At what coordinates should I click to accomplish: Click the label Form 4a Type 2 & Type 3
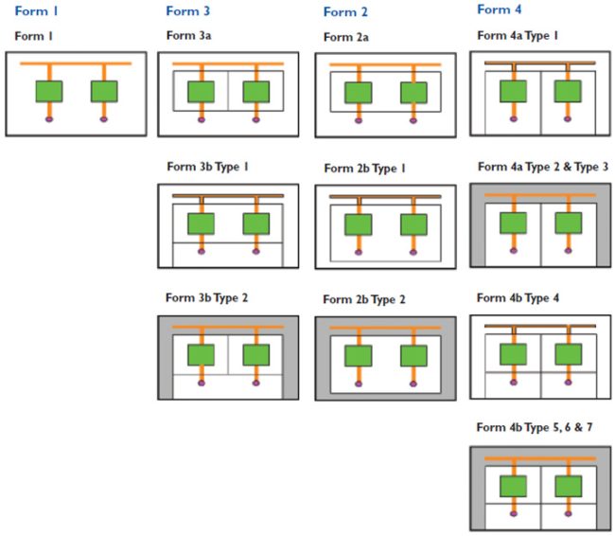coord(543,167)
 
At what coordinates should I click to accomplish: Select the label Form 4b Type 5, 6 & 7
coord(539,427)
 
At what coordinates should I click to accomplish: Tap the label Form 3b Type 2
coord(206,297)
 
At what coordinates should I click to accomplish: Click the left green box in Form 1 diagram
coord(49,92)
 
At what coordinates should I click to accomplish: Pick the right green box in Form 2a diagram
coord(413,93)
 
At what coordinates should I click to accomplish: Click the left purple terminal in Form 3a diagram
coord(202,120)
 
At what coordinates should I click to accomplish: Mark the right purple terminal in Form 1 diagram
coord(104,119)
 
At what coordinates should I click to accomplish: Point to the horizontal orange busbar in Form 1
coord(76,63)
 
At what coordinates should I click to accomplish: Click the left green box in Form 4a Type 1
coord(513,91)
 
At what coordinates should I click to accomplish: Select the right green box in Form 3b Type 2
coord(256,355)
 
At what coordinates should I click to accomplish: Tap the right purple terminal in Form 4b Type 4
coord(568,382)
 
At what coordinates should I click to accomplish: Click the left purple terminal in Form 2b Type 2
coord(359,383)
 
